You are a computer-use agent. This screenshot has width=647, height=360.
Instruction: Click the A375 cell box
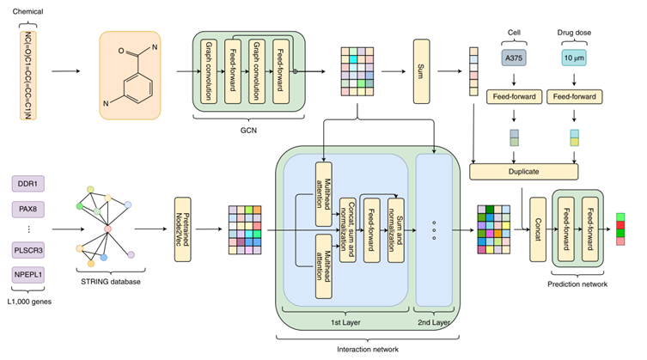pyautogui.click(x=514, y=58)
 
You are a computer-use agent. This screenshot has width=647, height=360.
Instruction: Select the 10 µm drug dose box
pyautogui.click(x=574, y=58)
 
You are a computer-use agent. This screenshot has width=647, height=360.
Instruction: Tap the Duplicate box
pyautogui.click(x=523, y=171)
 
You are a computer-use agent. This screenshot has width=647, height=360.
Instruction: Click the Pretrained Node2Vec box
pyautogui.click(x=183, y=229)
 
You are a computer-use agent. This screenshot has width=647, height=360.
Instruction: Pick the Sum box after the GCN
pyautogui.click(x=421, y=71)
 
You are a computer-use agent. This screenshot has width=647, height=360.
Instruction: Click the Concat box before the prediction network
pyautogui.click(x=538, y=229)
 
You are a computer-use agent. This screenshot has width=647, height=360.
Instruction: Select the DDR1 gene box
pyautogui.click(x=28, y=184)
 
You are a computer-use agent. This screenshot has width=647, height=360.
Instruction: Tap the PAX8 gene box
pyautogui.click(x=28, y=209)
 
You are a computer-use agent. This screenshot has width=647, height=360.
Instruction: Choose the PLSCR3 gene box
pyautogui.click(x=28, y=250)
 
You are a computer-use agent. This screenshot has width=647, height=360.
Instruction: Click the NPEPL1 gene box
pyautogui.click(x=28, y=275)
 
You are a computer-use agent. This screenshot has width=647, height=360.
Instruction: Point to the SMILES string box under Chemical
pyautogui.click(x=28, y=75)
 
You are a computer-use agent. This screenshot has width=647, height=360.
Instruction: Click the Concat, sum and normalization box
pyautogui.click(x=347, y=230)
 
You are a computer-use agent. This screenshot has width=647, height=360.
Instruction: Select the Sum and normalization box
pyautogui.click(x=396, y=230)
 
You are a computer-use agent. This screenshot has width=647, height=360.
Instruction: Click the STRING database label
pyautogui.click(x=111, y=282)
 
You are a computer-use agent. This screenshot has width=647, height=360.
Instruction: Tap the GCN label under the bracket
pyautogui.click(x=248, y=131)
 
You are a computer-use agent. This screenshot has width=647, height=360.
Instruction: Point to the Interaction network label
pyautogui.click(x=368, y=350)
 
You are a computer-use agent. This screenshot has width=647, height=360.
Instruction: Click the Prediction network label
pyautogui.click(x=577, y=284)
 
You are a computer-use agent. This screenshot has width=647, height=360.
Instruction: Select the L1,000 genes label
pyautogui.click(x=29, y=302)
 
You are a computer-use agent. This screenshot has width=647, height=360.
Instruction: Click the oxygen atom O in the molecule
pyautogui.click(x=121, y=51)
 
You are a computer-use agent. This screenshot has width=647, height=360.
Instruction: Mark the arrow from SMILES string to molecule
pyautogui.click(x=65, y=71)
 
